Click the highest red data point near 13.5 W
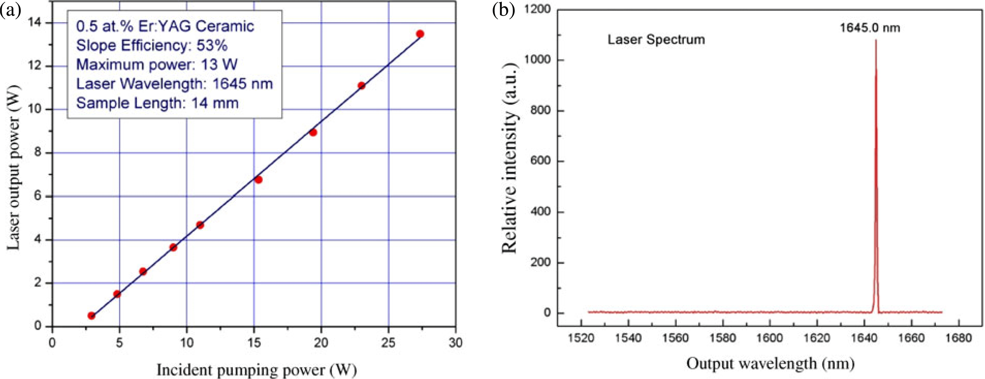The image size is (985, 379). [420, 34]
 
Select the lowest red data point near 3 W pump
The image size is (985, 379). [92, 316]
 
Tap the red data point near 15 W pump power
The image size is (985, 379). [259, 180]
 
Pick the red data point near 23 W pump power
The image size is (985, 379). [361, 86]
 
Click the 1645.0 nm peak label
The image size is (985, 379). [870, 28]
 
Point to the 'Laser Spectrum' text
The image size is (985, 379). [656, 39]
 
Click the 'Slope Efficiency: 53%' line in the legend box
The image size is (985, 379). [152, 46]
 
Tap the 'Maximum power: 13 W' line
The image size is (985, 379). [157, 65]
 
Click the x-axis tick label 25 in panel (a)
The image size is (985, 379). [388, 343]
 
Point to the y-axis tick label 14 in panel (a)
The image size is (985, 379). [35, 23]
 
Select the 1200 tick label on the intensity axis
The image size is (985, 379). [537, 9]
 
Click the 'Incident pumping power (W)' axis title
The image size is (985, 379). [256, 370]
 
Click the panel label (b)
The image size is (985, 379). [503, 10]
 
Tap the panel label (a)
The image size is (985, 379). [10, 10]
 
